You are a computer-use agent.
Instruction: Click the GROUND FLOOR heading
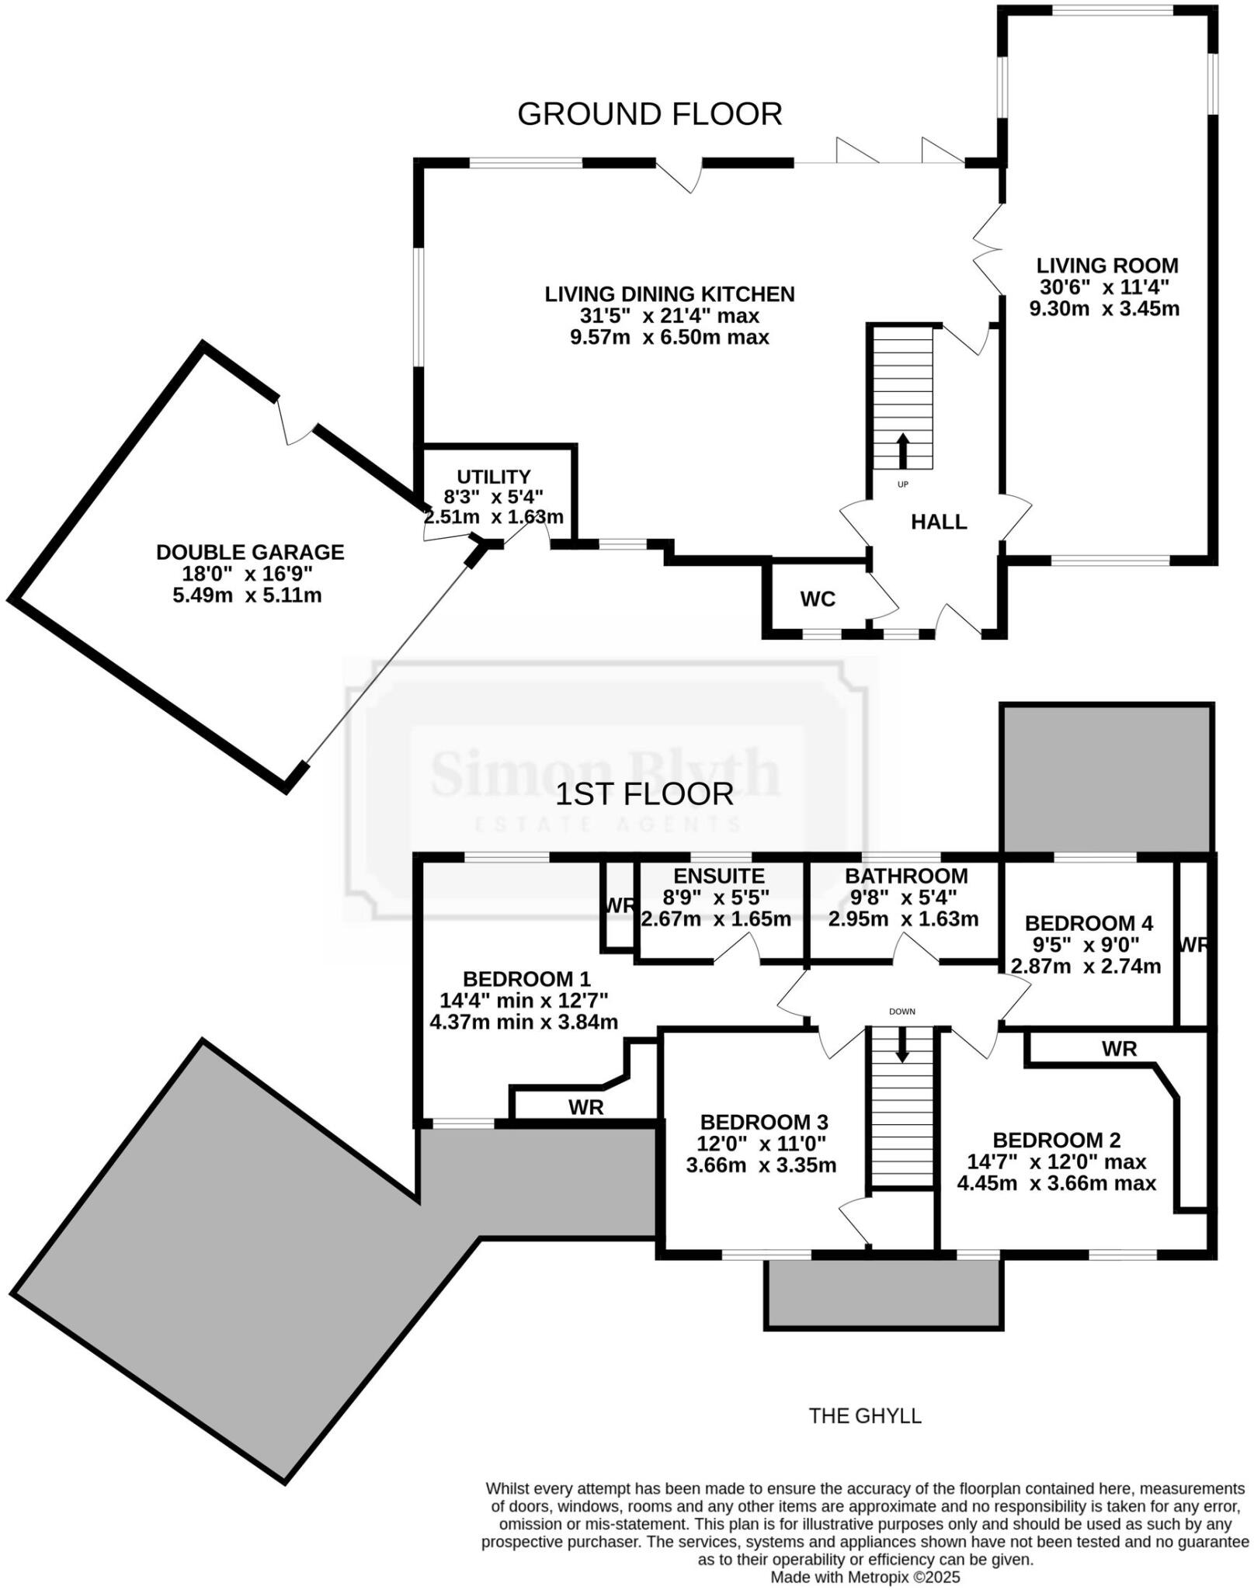[x=649, y=114]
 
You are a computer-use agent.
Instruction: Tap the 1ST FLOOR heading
[x=644, y=794]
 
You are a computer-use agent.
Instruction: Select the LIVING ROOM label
[x=1107, y=266]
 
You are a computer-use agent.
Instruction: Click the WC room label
[x=818, y=599]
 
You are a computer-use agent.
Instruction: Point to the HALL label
[x=939, y=522]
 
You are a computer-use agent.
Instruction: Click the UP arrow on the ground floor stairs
[x=902, y=451]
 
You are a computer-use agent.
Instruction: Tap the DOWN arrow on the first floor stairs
[x=902, y=1044]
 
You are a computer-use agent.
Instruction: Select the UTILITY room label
[x=494, y=477]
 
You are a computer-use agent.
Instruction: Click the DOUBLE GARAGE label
[x=250, y=552]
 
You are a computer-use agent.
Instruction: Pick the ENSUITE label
[x=718, y=876]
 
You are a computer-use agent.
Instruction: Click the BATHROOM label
[x=906, y=876]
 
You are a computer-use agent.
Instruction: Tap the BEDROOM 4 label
[x=1089, y=923]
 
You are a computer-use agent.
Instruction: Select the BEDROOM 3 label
[x=764, y=1122]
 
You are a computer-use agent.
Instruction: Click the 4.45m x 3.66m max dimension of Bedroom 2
[x=1056, y=1183]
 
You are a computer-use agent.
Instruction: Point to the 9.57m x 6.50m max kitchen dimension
[x=669, y=337]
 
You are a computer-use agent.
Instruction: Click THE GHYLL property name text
[x=865, y=1416]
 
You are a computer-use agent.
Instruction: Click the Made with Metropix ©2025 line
[x=865, y=1578]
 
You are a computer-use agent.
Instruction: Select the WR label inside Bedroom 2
[x=1119, y=1049]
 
